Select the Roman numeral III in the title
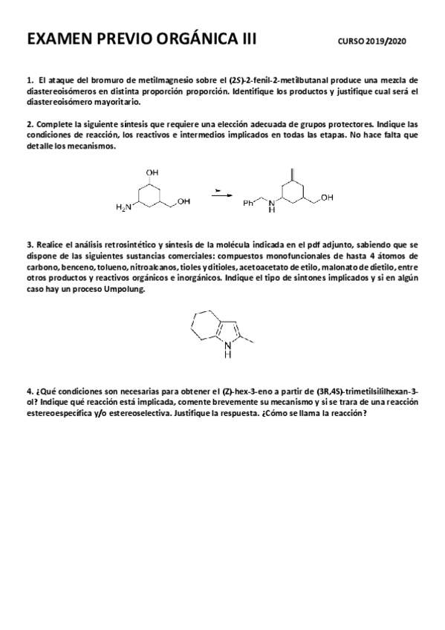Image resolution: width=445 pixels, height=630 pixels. pyautogui.click(x=247, y=40)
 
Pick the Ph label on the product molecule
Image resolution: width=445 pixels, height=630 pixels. pyautogui.click(x=249, y=201)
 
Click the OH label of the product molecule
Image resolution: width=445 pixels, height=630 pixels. pyautogui.click(x=328, y=197)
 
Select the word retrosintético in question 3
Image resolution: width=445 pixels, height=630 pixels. pyautogui.click(x=105, y=244)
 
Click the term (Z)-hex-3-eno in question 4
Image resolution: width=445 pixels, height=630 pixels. pyautogui.click(x=242, y=390)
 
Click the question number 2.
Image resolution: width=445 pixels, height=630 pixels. pyautogui.click(x=29, y=123)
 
